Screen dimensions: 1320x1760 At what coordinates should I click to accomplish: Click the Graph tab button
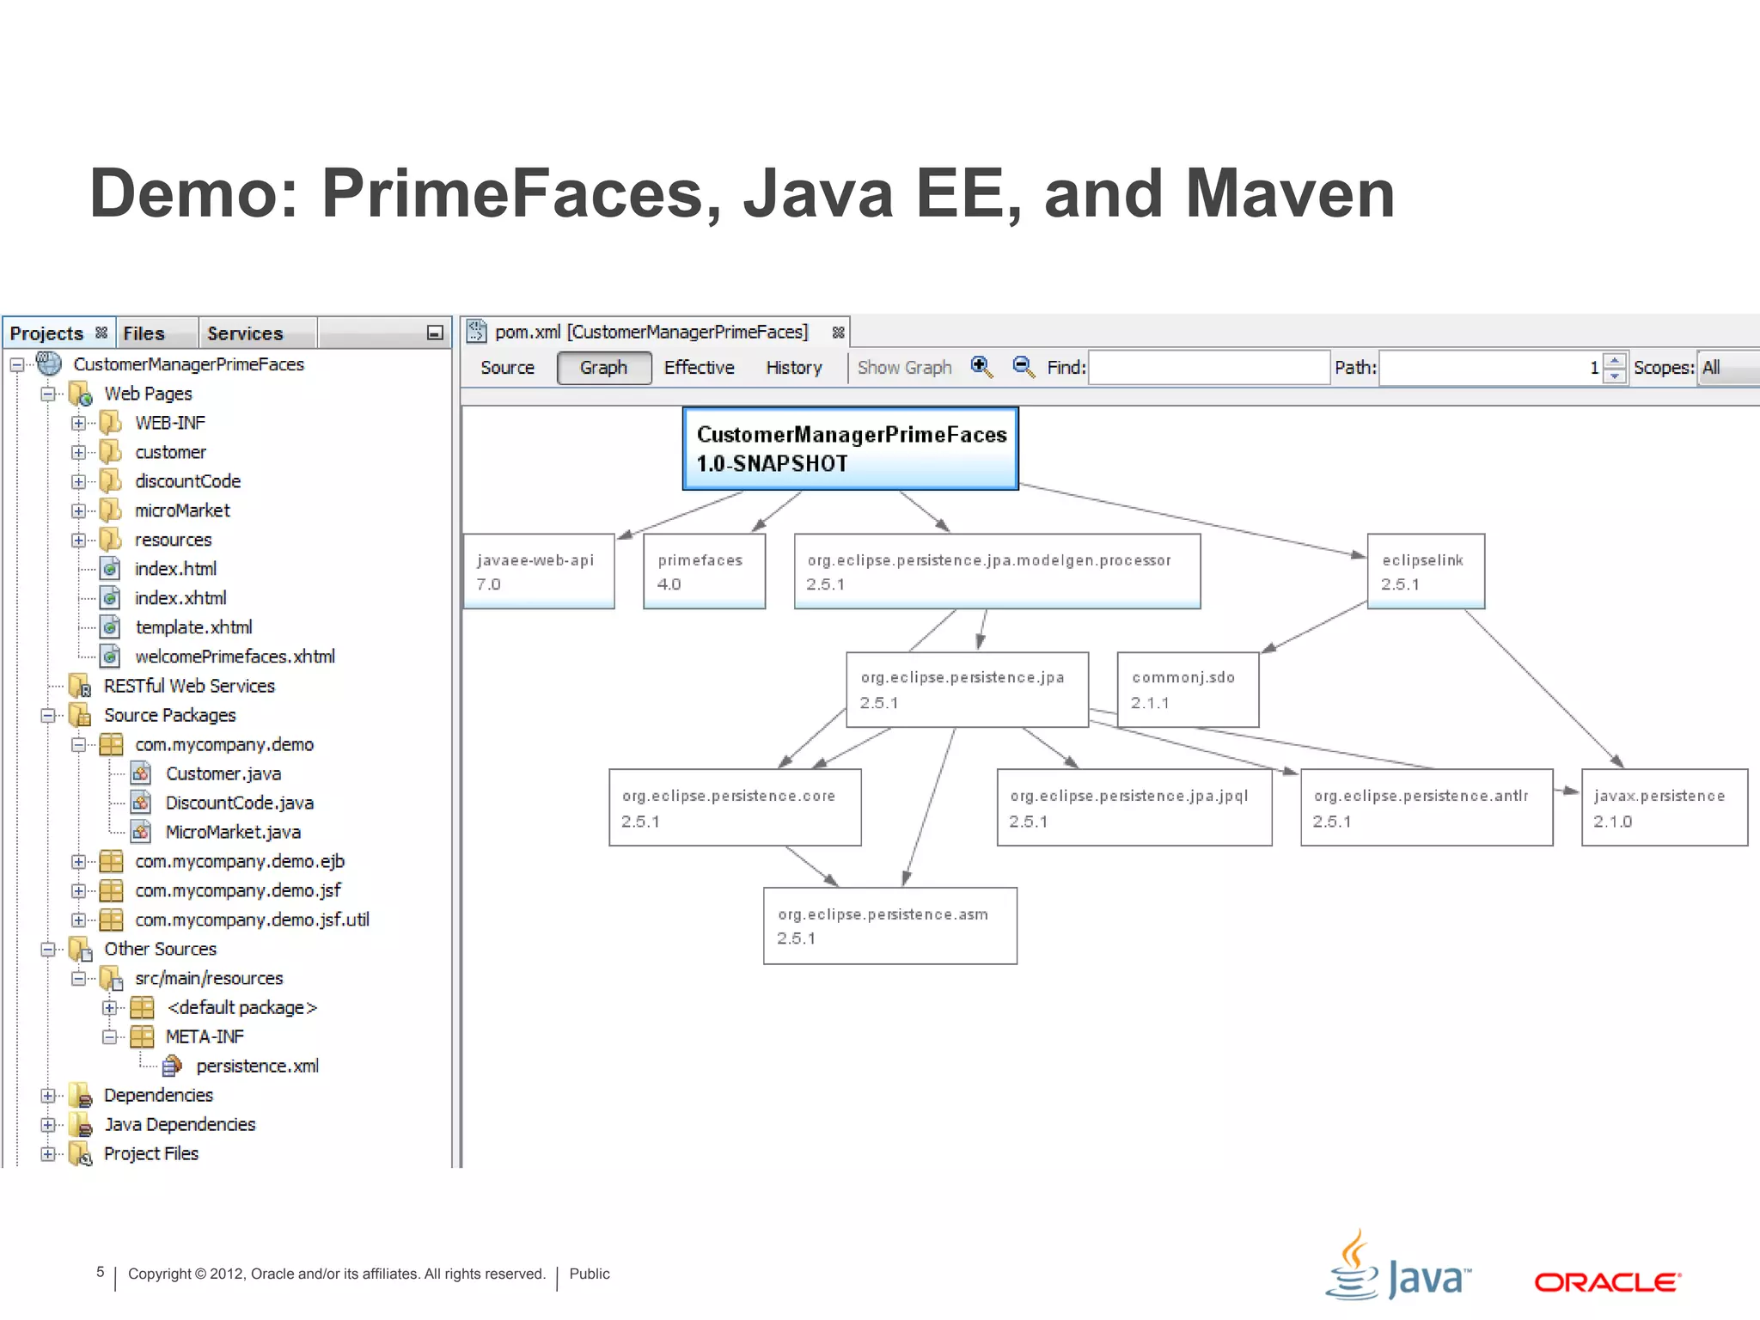point(603,368)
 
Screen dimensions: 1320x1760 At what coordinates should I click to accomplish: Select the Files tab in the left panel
point(144,333)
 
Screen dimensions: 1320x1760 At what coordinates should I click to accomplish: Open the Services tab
point(245,333)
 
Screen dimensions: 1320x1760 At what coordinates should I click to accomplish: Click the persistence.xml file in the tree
point(257,1066)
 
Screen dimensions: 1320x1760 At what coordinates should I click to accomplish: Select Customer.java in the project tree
point(223,774)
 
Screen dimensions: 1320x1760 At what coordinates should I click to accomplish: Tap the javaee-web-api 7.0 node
point(538,571)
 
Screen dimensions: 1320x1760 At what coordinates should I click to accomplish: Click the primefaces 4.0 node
point(704,571)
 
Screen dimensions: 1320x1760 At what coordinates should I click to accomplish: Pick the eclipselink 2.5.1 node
point(1425,571)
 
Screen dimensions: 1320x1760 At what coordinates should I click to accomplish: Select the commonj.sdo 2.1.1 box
point(1187,689)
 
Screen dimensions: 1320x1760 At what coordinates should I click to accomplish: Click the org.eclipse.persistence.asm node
point(889,926)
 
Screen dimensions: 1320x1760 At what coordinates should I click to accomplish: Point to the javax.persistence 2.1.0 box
point(1664,808)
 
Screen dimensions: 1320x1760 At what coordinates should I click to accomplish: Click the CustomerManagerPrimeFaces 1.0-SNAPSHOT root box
point(850,449)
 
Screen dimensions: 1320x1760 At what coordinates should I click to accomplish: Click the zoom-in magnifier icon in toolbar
point(981,367)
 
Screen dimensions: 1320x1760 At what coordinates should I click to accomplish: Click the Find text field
point(1208,368)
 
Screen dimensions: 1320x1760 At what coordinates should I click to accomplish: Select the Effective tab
point(699,368)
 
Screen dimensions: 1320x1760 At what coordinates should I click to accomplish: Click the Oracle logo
point(1607,1282)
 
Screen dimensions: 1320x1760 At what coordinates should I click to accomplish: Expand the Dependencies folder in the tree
point(48,1096)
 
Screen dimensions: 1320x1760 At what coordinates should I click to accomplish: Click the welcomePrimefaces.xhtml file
point(235,657)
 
